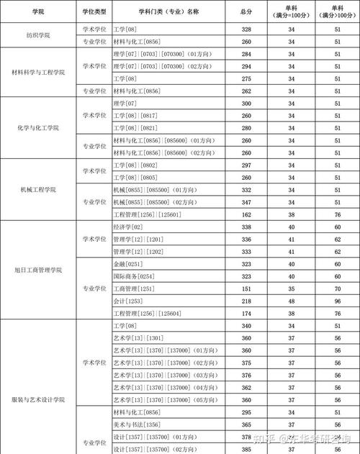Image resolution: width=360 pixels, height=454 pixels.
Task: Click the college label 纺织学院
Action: (37, 35)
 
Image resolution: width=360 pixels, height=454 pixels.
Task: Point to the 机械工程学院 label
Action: (37, 189)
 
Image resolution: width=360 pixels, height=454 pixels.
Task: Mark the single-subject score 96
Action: (337, 301)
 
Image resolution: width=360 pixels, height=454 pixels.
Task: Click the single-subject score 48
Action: (292, 301)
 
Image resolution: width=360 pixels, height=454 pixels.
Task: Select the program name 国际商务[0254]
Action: (133, 276)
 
